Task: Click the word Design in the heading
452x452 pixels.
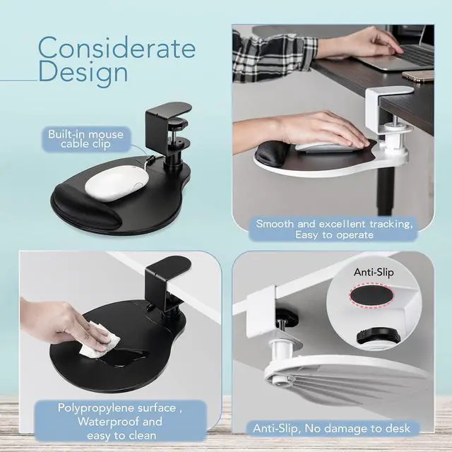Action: point(83,72)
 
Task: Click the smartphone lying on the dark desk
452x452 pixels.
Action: point(417,76)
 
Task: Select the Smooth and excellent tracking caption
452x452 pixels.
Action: point(335,229)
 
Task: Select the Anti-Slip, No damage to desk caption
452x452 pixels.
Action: point(332,428)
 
